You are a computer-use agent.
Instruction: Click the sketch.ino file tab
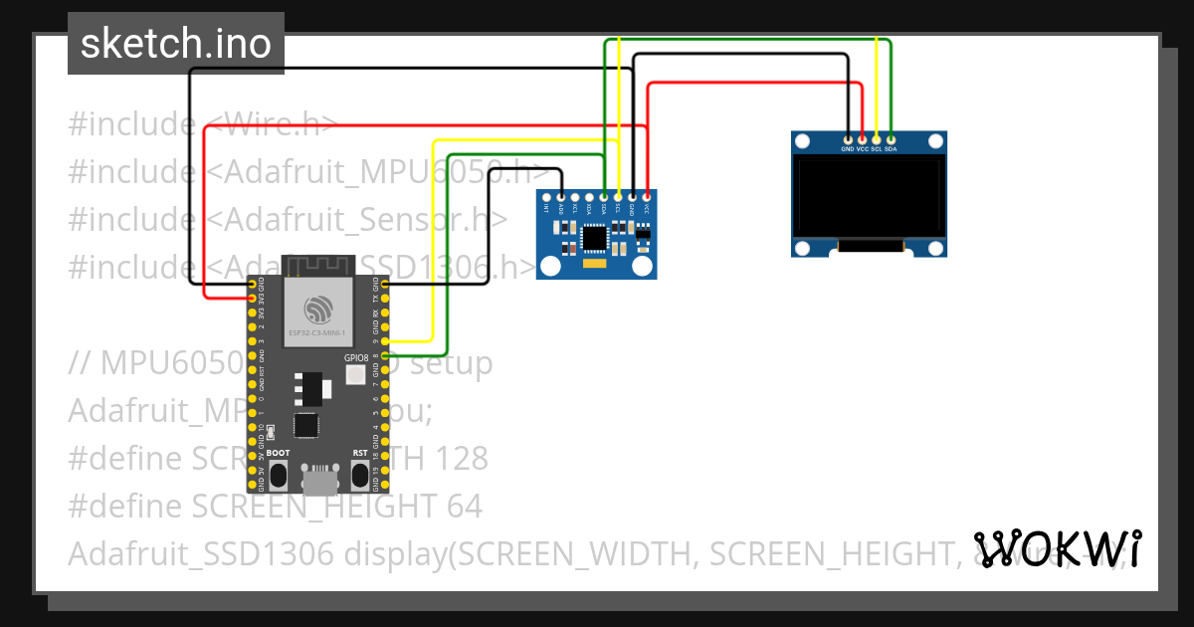pyautogui.click(x=176, y=44)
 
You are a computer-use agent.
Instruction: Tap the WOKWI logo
pyautogui.click(x=1057, y=547)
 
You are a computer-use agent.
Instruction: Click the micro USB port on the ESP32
pyautogui.click(x=318, y=481)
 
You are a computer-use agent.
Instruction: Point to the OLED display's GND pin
pyautogui.click(x=847, y=139)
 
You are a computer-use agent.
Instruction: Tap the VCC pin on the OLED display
pyautogui.click(x=862, y=139)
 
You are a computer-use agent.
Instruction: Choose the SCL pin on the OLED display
pyautogui.click(x=877, y=139)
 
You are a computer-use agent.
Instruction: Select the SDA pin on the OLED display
pyautogui.click(x=891, y=139)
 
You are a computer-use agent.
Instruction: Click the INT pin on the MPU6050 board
pyautogui.click(x=546, y=197)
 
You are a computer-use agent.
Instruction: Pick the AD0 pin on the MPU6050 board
pyautogui.click(x=561, y=197)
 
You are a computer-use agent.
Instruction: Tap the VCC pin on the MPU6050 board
pyautogui.click(x=648, y=197)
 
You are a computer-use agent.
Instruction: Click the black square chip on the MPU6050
pyautogui.click(x=594, y=237)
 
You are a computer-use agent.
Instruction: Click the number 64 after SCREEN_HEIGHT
pyautogui.click(x=462, y=507)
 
